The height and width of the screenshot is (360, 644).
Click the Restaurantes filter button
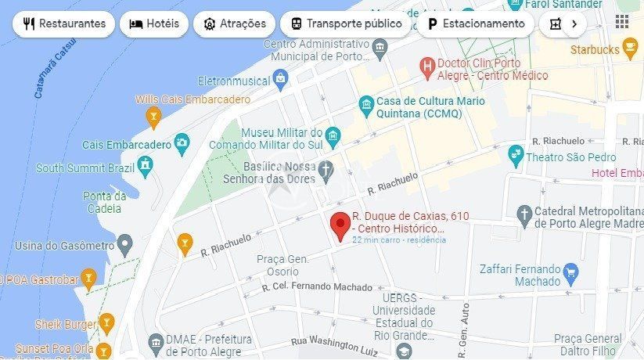[64, 23]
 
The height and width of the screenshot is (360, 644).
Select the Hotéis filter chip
[154, 23]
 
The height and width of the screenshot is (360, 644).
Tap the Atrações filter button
[235, 23]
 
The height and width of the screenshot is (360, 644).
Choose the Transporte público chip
[346, 23]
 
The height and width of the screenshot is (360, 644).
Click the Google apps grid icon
[622, 21]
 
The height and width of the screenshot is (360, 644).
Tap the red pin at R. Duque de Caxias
[340, 225]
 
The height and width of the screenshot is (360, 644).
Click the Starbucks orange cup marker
[630, 50]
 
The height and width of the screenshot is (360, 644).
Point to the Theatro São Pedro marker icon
[515, 154]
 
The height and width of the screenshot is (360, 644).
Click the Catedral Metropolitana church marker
[524, 213]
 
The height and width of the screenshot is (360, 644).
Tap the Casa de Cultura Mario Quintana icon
[365, 104]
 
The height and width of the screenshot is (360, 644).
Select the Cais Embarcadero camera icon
[182, 142]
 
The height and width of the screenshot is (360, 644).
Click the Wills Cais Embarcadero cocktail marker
[153, 117]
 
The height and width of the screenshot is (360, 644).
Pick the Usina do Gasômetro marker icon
[125, 246]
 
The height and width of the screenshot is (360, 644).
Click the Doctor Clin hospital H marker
[427, 66]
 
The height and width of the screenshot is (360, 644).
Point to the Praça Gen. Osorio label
[282, 265]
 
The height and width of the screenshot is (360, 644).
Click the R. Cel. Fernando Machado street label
[317, 287]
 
